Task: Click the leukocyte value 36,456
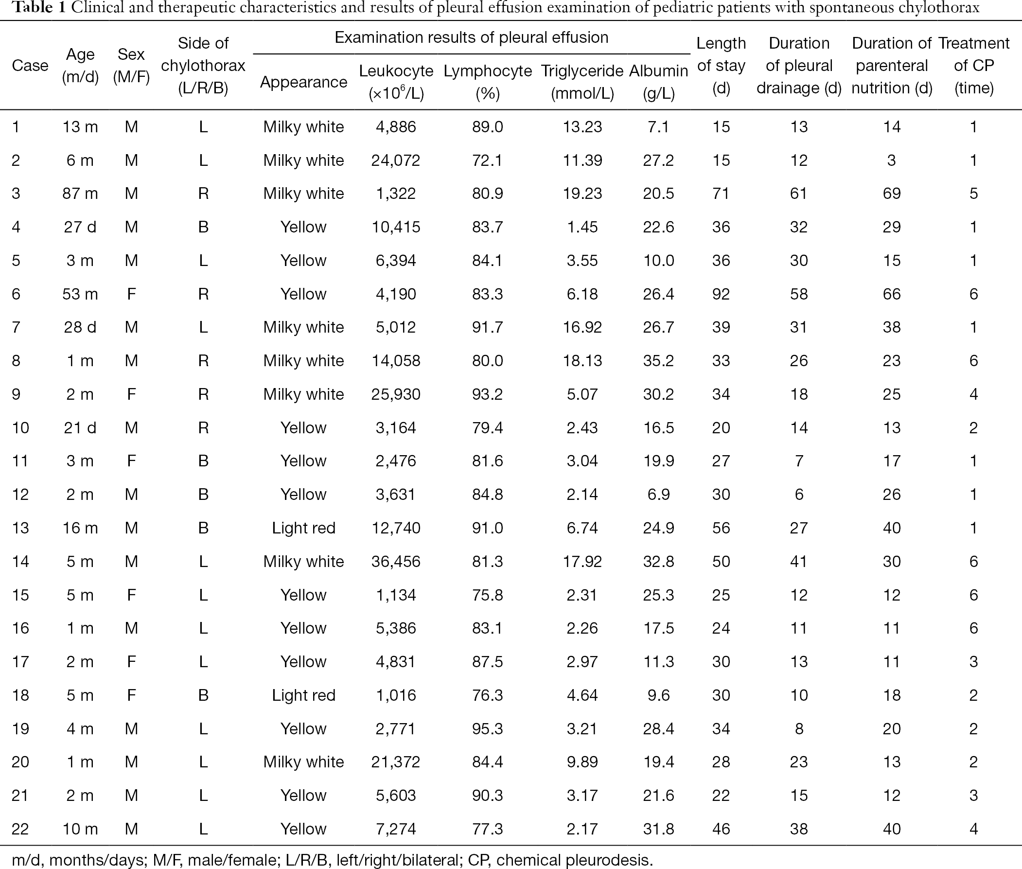(395, 561)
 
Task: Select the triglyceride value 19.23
(582, 193)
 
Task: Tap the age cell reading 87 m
(80, 193)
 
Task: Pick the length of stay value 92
(721, 294)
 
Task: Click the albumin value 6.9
(658, 494)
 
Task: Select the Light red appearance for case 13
(303, 528)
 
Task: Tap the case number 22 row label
(20, 829)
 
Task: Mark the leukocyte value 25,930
(395, 394)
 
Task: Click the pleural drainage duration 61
(798, 193)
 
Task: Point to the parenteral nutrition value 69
(892, 193)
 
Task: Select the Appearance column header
(303, 82)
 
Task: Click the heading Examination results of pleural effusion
(471, 37)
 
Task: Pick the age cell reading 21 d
(80, 427)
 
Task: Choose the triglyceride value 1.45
(582, 227)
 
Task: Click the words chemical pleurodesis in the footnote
(574, 860)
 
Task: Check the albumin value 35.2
(658, 361)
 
